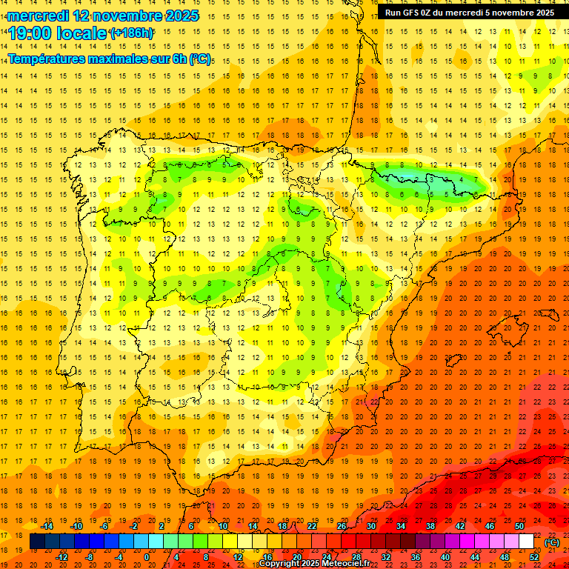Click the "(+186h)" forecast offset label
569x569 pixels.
point(132,33)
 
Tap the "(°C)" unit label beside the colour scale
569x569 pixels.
point(552,542)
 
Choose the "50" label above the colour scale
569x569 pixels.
point(519,526)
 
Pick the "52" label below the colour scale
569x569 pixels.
point(534,557)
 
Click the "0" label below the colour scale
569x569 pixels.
point(147,557)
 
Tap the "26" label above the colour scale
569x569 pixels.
point(342,526)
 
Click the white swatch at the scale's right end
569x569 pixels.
point(527,542)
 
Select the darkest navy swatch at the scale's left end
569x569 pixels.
point(37,542)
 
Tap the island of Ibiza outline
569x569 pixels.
point(453,362)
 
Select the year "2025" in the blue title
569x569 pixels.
point(177,16)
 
